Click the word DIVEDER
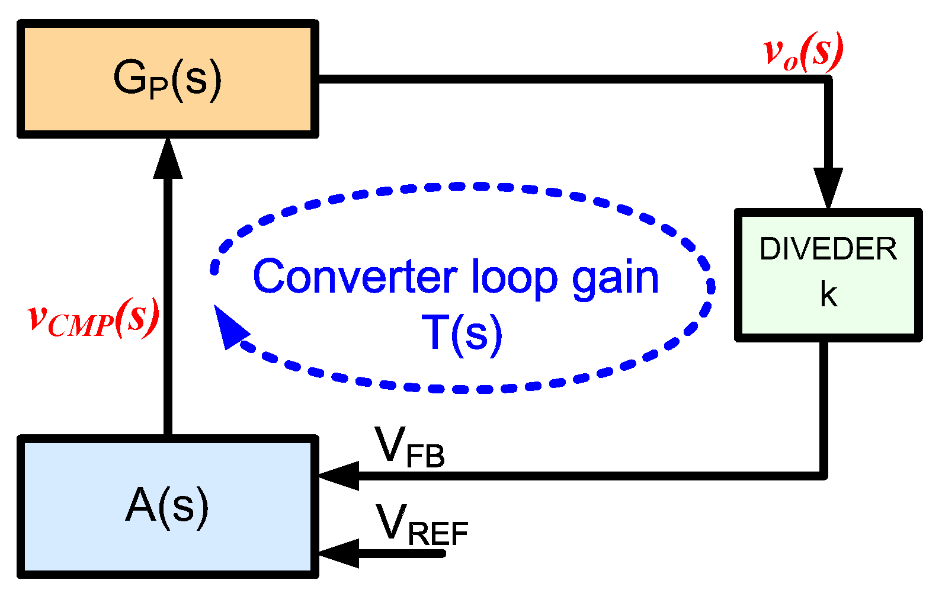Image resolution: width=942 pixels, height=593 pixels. pyautogui.click(x=828, y=249)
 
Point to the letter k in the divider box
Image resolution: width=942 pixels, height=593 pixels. pyautogui.click(x=828, y=294)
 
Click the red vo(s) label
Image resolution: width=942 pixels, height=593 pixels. pyautogui.click(x=803, y=53)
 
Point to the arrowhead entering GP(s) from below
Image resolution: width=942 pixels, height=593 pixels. pyautogui.click(x=168, y=159)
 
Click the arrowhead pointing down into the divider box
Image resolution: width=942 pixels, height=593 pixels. pyautogui.click(x=828, y=187)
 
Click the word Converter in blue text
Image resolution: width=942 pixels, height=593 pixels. pyautogui.click(x=355, y=277)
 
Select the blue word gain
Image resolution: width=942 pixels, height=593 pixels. pyautogui.click(x=616, y=278)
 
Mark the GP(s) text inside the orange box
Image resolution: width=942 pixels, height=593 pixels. pyautogui.click(x=168, y=79)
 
